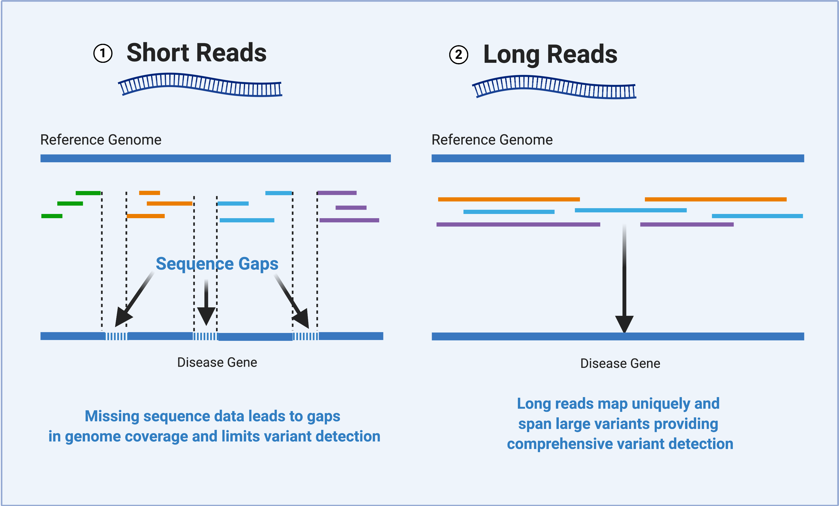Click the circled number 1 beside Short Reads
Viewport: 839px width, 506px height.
[x=103, y=53]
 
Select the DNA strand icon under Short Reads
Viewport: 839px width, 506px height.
[x=200, y=84]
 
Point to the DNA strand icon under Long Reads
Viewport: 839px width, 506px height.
[x=554, y=87]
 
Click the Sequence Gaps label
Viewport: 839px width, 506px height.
[x=217, y=264]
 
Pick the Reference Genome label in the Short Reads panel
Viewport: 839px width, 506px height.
[x=101, y=140]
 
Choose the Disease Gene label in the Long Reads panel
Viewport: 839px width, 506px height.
[x=620, y=363]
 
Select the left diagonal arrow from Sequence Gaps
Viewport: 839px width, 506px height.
[x=134, y=299]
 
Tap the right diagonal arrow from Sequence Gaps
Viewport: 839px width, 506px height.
[x=292, y=301]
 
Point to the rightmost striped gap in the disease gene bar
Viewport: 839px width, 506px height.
[x=306, y=336]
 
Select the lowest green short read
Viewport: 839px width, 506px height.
[x=52, y=216]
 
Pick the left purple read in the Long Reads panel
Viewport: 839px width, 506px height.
[x=518, y=225]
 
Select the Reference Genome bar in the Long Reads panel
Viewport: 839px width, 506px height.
[x=618, y=159]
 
